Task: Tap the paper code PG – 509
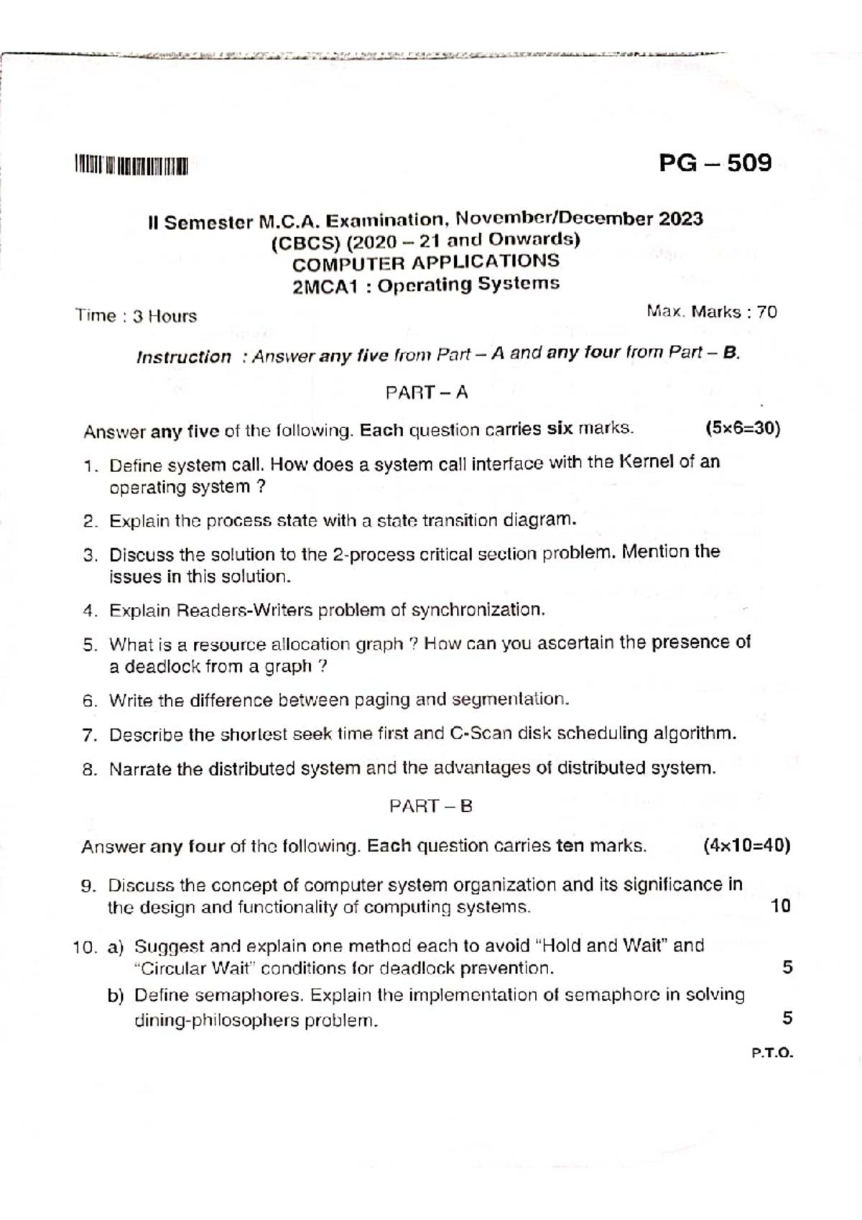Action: (715, 163)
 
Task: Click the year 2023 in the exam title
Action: (680, 218)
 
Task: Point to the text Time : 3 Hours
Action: (136, 316)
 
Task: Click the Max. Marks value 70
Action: (766, 312)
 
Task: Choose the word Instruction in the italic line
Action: (184, 357)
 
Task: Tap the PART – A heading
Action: (427, 392)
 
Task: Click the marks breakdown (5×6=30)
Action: (742, 429)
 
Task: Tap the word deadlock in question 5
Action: (162, 667)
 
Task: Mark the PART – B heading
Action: (431, 806)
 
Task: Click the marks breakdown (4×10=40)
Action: (747, 846)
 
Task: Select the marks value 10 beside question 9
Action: (780, 906)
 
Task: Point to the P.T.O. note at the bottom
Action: (772, 1053)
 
